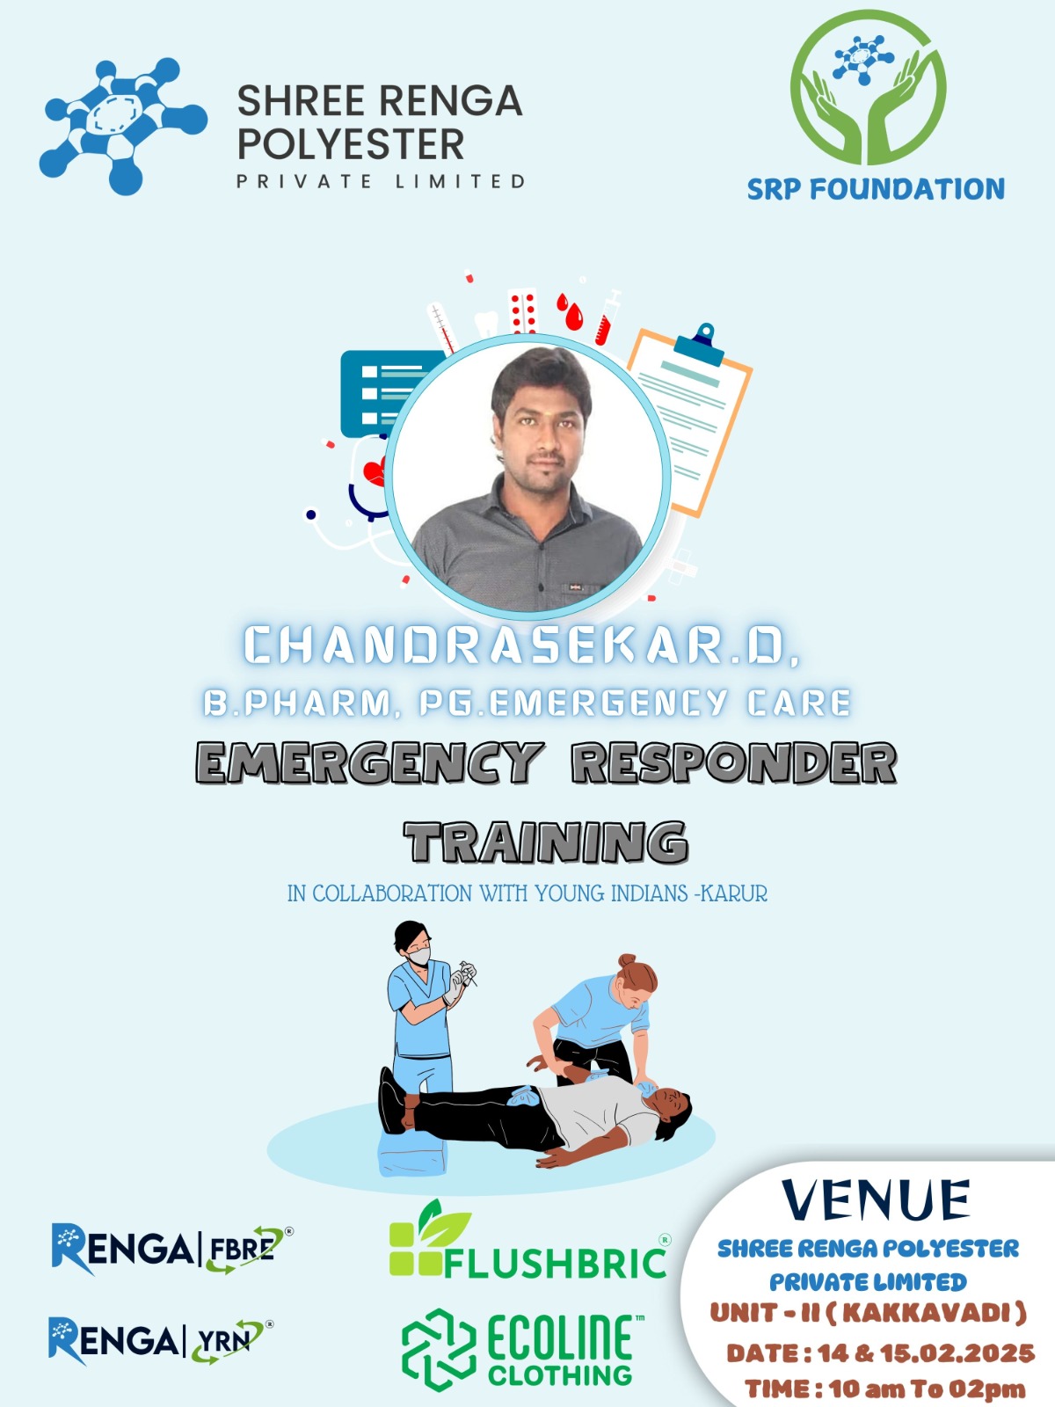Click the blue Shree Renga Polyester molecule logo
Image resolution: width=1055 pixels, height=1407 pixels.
click(123, 127)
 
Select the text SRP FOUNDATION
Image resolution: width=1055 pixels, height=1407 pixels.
click(876, 189)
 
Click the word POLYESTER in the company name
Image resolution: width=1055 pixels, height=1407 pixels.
click(351, 144)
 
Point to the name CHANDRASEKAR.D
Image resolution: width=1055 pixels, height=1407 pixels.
click(521, 645)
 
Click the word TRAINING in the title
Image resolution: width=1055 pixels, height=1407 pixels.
click(546, 842)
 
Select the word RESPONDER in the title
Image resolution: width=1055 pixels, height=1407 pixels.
click(734, 762)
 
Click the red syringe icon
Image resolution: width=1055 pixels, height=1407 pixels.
click(608, 317)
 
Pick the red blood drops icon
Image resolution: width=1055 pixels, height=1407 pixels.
click(570, 311)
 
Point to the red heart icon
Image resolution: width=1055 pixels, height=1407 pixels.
click(375, 471)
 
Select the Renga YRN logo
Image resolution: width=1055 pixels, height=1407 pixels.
click(160, 1341)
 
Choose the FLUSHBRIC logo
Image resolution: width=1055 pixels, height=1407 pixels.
click(529, 1239)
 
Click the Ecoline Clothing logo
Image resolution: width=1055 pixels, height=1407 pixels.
click(523, 1349)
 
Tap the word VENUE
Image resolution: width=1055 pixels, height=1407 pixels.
click(876, 1199)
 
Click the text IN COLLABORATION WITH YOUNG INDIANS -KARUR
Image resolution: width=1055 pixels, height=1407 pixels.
click(527, 893)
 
